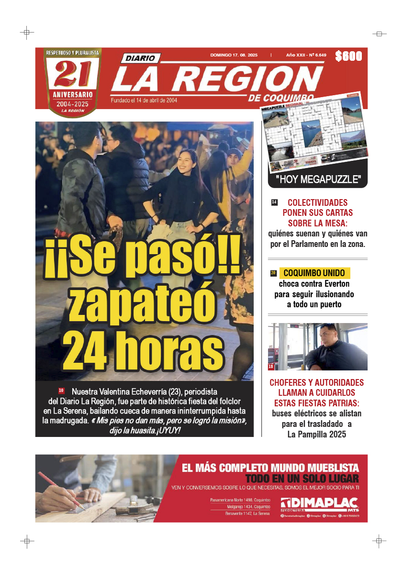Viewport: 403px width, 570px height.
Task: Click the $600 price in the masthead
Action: (x=348, y=56)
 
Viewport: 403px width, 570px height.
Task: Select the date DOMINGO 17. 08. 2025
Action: (x=234, y=55)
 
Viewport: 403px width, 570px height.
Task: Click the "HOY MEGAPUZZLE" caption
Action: (x=317, y=180)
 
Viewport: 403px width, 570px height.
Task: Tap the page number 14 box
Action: (x=274, y=202)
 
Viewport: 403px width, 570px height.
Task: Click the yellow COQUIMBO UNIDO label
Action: (x=314, y=273)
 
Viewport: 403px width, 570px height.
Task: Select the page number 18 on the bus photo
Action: (x=271, y=367)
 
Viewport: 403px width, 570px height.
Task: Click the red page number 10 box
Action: (x=61, y=391)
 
